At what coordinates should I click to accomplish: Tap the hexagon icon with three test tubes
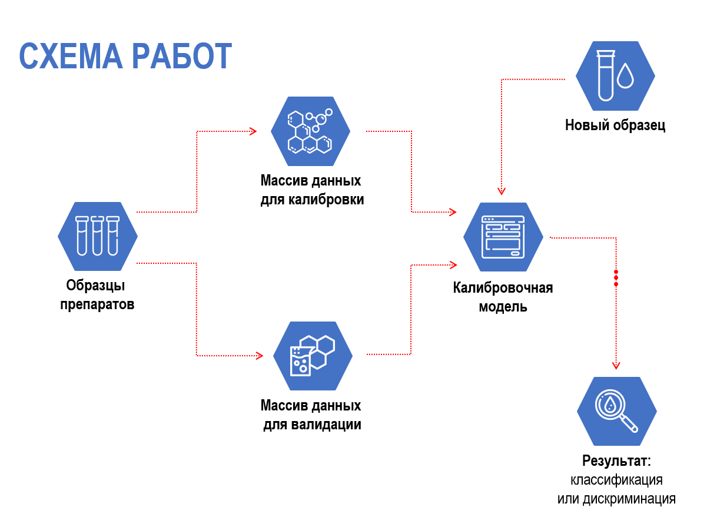pos(98,236)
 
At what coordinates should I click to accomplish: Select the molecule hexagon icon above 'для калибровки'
pos(310,131)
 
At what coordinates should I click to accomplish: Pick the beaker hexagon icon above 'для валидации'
pos(313,356)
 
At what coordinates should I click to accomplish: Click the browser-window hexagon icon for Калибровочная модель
pos(503,237)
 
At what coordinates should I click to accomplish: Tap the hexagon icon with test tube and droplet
pos(615,75)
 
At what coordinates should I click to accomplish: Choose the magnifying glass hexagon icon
pos(617,411)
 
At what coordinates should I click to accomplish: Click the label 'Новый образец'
pos(615,125)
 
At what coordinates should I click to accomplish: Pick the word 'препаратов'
pos(97,305)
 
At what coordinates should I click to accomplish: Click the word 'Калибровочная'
pos(503,288)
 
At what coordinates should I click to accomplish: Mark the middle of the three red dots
pos(616,278)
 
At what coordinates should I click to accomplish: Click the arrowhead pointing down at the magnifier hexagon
pos(616,365)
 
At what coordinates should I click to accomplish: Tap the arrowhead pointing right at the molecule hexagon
pos(253,131)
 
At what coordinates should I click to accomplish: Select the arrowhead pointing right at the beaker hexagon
pos(258,356)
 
